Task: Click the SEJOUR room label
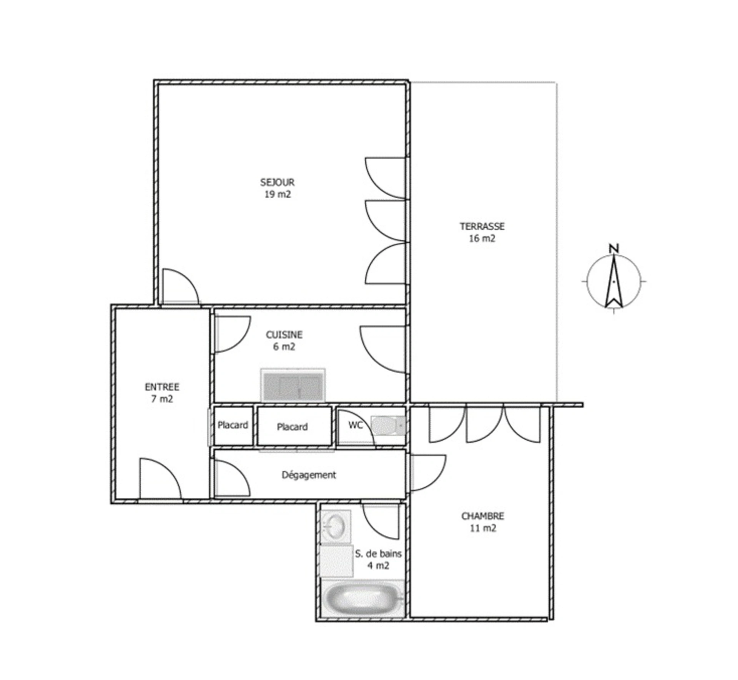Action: [277, 182]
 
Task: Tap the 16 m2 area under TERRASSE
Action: [482, 238]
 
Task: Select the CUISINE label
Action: [284, 335]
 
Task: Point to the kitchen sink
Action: [293, 385]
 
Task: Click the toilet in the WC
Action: [388, 425]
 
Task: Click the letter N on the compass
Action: [614, 248]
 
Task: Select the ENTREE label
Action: [162, 387]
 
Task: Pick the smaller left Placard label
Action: [233, 425]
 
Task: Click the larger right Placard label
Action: [292, 427]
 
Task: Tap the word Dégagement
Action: [309, 475]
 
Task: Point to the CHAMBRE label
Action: [482, 516]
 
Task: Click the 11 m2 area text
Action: [483, 528]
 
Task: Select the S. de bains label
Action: [378, 554]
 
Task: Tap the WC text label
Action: [356, 425]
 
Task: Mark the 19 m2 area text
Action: [278, 194]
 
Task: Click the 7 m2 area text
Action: [162, 399]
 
